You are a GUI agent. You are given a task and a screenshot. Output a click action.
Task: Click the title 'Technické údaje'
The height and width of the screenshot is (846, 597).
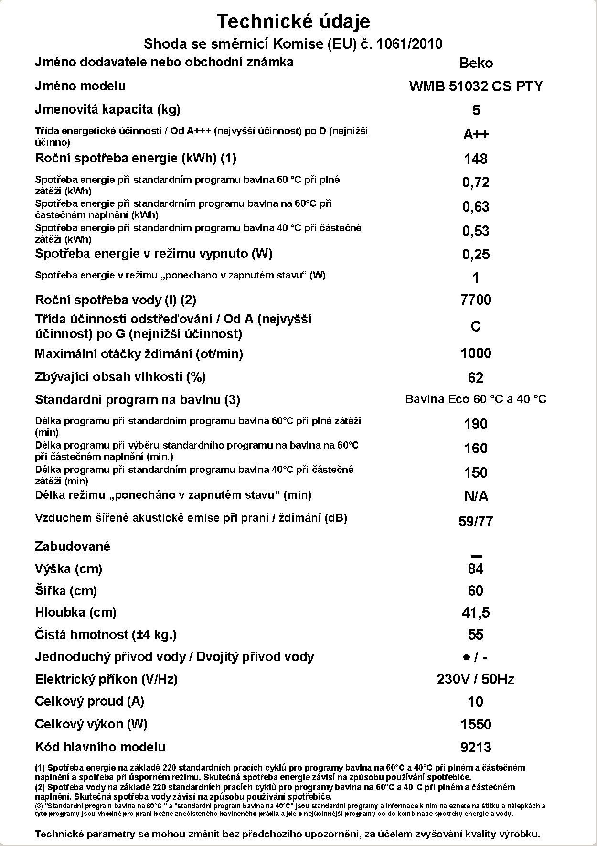click(x=293, y=21)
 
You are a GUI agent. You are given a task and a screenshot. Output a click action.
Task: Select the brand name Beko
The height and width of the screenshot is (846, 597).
click(x=476, y=63)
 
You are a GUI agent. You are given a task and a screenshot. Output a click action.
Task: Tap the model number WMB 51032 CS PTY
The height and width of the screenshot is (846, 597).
click(x=476, y=86)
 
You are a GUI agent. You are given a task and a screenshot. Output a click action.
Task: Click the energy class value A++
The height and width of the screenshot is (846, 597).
click(x=476, y=134)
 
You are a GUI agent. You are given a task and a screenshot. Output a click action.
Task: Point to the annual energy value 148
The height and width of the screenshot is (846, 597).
click(x=476, y=159)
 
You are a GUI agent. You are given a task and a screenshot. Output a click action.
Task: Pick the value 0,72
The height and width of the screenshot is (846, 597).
click(x=476, y=182)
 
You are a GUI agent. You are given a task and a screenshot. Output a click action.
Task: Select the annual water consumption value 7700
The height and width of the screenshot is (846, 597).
click(x=476, y=300)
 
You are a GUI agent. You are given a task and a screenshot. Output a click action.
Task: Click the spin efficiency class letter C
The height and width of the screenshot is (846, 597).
click(x=476, y=327)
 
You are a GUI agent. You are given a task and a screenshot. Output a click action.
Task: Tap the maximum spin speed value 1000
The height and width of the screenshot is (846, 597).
click(x=476, y=353)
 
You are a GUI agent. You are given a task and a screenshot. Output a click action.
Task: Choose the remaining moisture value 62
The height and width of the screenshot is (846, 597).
click(x=476, y=378)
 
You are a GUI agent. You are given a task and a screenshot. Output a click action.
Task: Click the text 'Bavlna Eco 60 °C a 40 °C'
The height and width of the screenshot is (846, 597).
click(x=476, y=399)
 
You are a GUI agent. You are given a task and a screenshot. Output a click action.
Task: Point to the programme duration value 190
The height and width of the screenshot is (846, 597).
click(x=476, y=424)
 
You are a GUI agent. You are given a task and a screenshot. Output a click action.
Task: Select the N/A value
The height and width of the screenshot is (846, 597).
click(x=476, y=497)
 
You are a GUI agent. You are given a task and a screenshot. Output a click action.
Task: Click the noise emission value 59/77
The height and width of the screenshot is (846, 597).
click(x=476, y=521)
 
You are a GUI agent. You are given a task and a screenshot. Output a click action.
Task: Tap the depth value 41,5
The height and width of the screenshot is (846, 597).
click(x=476, y=613)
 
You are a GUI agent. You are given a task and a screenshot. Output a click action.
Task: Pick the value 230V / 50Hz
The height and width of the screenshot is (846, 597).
click(x=476, y=679)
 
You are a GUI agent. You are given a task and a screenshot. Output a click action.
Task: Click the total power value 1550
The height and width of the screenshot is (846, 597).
click(x=476, y=725)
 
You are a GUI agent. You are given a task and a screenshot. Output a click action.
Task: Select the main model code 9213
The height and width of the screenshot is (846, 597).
click(x=476, y=747)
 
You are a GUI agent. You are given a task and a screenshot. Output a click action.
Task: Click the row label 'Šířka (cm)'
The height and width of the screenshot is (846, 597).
click(x=66, y=591)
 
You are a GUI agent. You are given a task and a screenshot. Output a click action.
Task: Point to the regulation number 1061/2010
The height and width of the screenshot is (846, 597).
click(x=409, y=44)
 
